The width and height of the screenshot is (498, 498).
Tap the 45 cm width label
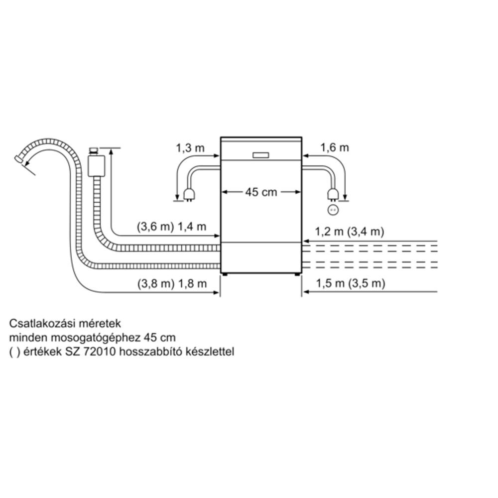coord(261,192)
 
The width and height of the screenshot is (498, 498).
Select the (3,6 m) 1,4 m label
coord(171,227)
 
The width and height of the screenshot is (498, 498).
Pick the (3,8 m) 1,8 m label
coord(171,284)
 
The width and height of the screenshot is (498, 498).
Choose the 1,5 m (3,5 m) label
coord(350,284)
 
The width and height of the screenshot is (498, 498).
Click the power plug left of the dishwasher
coord(189,194)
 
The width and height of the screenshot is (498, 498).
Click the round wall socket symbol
coord(332,210)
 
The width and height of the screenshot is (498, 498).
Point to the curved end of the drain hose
coord(21,158)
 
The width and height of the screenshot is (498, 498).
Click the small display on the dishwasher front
coord(260,155)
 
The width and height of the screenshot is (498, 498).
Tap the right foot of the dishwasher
coord(297,274)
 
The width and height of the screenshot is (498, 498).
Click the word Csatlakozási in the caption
coord(38,324)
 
